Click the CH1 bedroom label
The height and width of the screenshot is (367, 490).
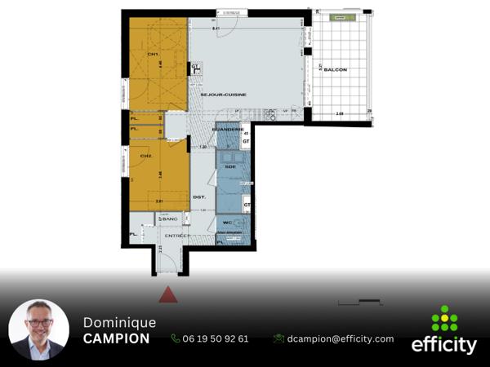pyautogui.click(x=152, y=55)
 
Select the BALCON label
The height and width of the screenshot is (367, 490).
pyautogui.click(x=335, y=70)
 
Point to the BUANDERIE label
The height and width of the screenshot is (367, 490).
pyautogui.click(x=224, y=130)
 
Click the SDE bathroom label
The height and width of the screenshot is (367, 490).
pyautogui.click(x=230, y=166)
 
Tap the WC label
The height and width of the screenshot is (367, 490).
pyautogui.click(x=228, y=222)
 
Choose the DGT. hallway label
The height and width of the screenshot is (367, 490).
pyautogui.click(x=198, y=197)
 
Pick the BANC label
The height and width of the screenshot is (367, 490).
pyautogui.click(x=170, y=219)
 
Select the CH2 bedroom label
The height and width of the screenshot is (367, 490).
pyautogui.click(x=147, y=156)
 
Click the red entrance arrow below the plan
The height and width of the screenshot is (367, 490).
pyautogui.click(x=167, y=294)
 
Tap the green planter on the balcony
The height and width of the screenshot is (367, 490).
pyautogui.click(x=339, y=17)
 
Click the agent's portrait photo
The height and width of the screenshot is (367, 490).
pyautogui.click(x=38, y=330)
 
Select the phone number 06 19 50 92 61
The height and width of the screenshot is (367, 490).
pyautogui.click(x=216, y=338)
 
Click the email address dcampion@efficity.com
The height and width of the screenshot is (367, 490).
pyautogui.click(x=341, y=338)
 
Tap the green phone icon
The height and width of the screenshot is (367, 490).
pyautogui.click(x=176, y=338)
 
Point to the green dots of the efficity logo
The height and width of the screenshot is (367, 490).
pyautogui.click(x=444, y=318)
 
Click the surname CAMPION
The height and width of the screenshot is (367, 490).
pyautogui.click(x=116, y=338)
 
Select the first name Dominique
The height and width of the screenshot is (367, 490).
pyautogui.click(x=119, y=322)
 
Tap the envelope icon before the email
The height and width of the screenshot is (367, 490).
pyautogui.click(x=278, y=338)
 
